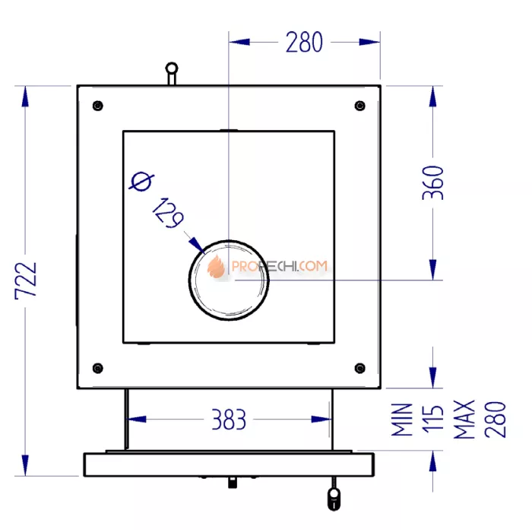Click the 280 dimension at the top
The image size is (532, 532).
tap(304, 42)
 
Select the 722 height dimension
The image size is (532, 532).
tap(27, 282)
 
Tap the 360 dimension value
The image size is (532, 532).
tap(432, 182)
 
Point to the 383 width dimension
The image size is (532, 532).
tap(228, 419)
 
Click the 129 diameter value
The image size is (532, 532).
tap(168, 213)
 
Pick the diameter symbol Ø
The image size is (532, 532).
tap(141, 183)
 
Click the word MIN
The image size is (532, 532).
tap(402, 420)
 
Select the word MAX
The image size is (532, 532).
tap(464, 420)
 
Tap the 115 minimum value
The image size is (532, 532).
tap(432, 420)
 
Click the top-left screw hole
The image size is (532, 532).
tap(97, 106)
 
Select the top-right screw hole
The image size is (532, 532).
tap(359, 106)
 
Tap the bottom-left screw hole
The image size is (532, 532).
tap(97, 369)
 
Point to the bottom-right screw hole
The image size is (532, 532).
tap(359, 369)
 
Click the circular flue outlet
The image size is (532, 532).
tap(228, 281)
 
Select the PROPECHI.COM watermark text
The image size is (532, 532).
tap(278, 267)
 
